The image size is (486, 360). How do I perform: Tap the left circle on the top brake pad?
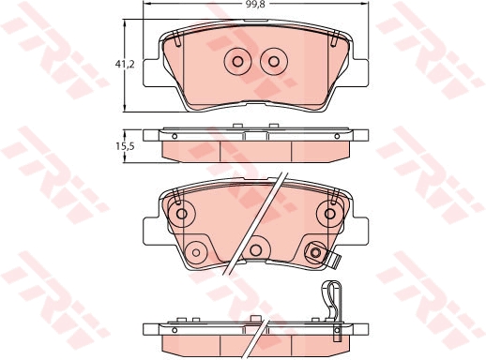click(236, 62)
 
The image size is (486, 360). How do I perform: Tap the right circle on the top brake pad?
click(273, 62)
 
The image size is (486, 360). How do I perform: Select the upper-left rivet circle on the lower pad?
click(181, 213)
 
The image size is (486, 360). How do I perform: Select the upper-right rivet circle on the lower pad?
click(328, 213)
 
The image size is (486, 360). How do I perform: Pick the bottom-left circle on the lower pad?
click(196, 251)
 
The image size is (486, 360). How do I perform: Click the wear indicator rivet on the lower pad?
click(316, 250)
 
